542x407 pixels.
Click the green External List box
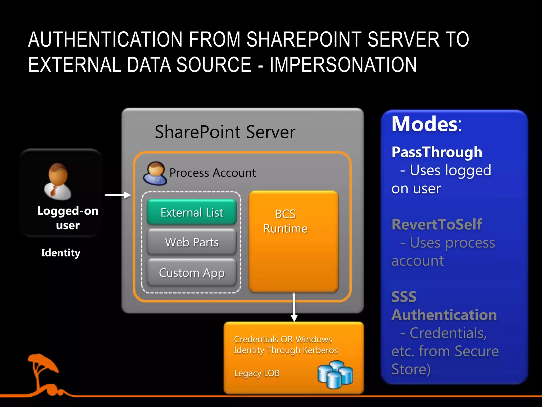point(192,212)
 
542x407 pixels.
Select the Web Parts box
point(192,242)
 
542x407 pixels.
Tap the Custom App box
point(192,272)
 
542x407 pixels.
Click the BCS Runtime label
point(285,221)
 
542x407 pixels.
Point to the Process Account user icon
point(155,173)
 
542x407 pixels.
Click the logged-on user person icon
point(58,182)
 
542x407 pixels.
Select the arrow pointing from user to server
point(118,195)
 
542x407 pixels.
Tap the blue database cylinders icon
point(335,374)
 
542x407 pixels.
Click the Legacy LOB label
point(257,373)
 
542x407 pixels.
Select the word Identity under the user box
point(61,253)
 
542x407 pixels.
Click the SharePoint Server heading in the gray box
point(225,132)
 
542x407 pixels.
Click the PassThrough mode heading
point(437,152)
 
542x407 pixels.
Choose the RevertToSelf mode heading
point(437,224)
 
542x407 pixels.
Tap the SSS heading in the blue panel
point(404,297)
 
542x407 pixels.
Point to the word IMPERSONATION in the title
point(343,65)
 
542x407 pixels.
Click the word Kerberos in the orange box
point(320,350)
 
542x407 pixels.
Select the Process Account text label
point(213,173)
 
